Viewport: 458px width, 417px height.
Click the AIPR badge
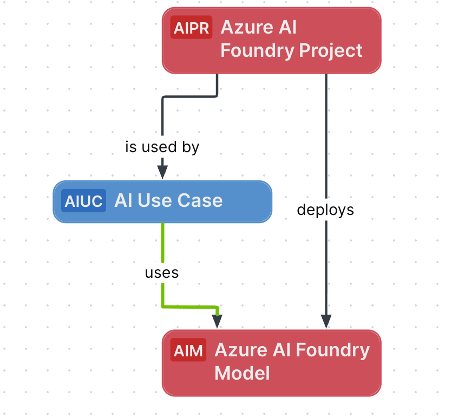[x=191, y=28]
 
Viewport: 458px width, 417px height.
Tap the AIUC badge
[x=83, y=201]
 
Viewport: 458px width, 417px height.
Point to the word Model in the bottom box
[x=242, y=373]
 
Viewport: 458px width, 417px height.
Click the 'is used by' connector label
[x=162, y=147]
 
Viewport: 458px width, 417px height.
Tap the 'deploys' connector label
[x=325, y=210]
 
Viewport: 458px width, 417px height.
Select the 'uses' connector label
[x=162, y=273]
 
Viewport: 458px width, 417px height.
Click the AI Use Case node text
[x=168, y=201]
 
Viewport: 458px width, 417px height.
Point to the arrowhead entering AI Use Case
[x=162, y=171]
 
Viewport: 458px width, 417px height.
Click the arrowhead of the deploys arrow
[x=326, y=321]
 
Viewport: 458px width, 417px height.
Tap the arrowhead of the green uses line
[x=217, y=321]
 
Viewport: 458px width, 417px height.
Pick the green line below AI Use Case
[x=162, y=241]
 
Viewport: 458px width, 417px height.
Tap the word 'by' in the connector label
[x=191, y=147]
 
